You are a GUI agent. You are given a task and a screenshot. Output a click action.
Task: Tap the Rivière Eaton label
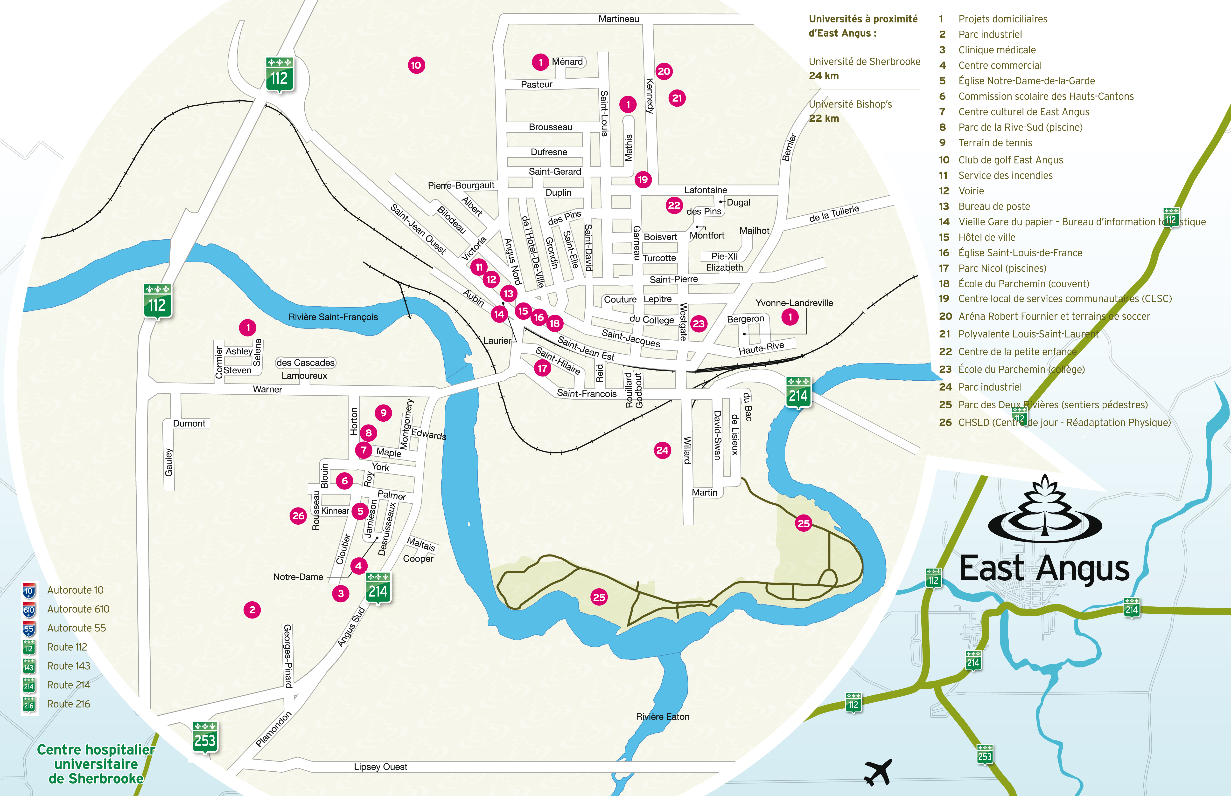(x=663, y=716)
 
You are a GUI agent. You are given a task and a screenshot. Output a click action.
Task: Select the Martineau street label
(x=619, y=19)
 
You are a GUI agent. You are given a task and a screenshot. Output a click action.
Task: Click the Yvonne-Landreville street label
(x=794, y=303)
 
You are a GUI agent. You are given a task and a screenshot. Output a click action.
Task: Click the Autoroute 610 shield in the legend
(x=29, y=610)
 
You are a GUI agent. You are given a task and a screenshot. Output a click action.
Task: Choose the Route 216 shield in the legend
(x=29, y=705)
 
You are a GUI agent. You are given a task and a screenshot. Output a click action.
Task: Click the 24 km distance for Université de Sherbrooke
(x=823, y=76)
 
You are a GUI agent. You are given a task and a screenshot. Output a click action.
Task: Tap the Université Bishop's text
(x=850, y=104)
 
